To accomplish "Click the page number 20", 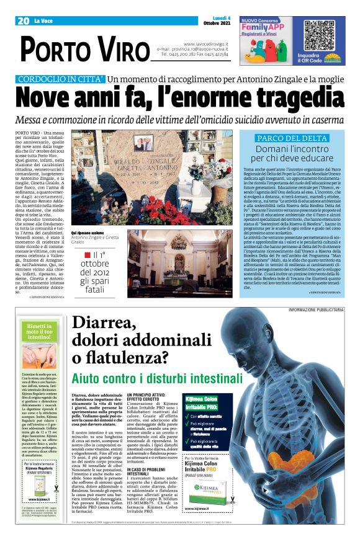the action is coord(24,21).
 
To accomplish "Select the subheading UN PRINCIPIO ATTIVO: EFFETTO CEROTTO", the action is coord(148,398).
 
